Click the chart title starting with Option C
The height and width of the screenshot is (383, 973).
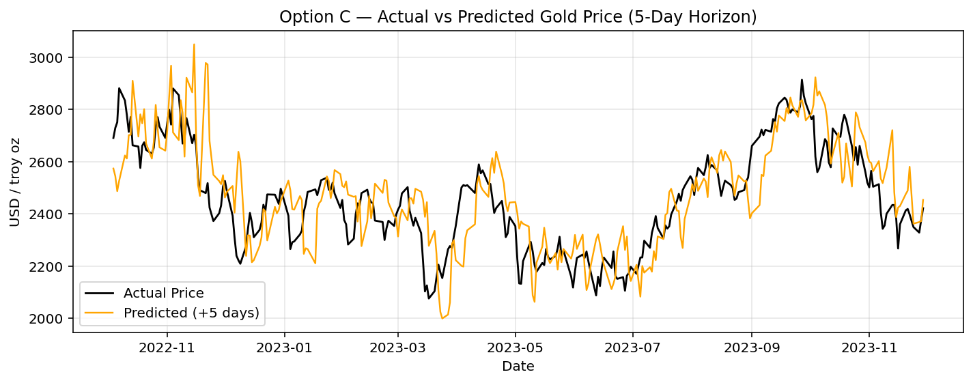coord(518,17)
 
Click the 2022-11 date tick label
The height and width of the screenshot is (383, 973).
coord(167,347)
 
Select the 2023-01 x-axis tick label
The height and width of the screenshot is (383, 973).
coord(285,347)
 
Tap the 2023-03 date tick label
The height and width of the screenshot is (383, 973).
coord(399,347)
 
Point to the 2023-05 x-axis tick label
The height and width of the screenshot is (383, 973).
coord(516,347)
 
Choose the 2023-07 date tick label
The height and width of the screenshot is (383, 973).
coord(633,347)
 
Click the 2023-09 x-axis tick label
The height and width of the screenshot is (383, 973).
coord(752,347)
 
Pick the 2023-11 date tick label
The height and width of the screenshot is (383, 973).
coord(869,347)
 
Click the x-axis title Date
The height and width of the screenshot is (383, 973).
coord(518,367)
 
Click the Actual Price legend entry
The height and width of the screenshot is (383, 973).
coord(163,294)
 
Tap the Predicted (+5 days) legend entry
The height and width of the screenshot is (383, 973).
coord(191,313)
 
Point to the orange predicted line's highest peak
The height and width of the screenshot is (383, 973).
coord(194,44)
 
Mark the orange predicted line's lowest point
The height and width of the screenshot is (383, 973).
coord(442,318)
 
